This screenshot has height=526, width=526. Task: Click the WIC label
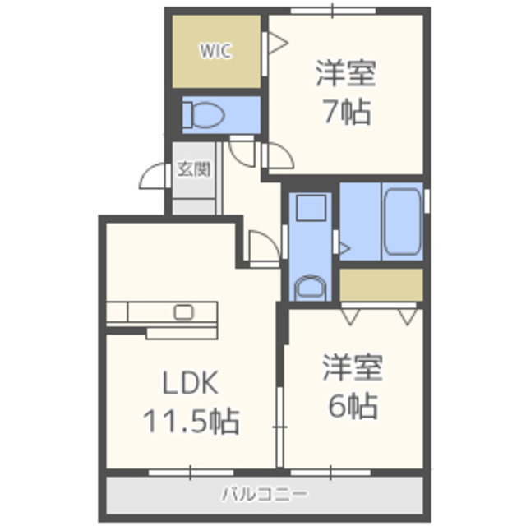pyautogui.click(x=215, y=51)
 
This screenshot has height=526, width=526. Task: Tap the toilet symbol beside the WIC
pyautogui.click(x=204, y=115)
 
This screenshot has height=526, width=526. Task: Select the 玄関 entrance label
pyautogui.click(x=194, y=169)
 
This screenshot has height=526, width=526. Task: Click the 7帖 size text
pyautogui.click(x=347, y=112)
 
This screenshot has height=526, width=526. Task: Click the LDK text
pyautogui.click(x=190, y=383)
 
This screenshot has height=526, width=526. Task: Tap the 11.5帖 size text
pyautogui.click(x=191, y=421)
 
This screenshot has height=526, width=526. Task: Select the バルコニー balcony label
pyautogui.click(x=265, y=494)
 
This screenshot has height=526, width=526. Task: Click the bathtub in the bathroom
pyautogui.click(x=402, y=221)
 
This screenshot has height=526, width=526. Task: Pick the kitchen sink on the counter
pyautogui.click(x=183, y=312)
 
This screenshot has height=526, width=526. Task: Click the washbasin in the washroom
pyautogui.click(x=311, y=288)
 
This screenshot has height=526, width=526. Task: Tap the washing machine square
pyautogui.click(x=311, y=208)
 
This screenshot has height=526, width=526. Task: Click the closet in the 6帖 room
pyautogui.click(x=381, y=284)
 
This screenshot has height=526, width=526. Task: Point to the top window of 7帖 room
pyautogui.click(x=333, y=11)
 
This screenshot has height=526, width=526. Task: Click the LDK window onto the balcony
pyautogui.click(x=191, y=473)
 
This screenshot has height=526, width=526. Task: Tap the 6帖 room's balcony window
pyautogui.click(x=330, y=473)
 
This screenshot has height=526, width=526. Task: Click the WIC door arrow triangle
pyautogui.click(x=278, y=43)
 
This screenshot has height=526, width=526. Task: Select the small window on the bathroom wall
pyautogui.click(x=427, y=201)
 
